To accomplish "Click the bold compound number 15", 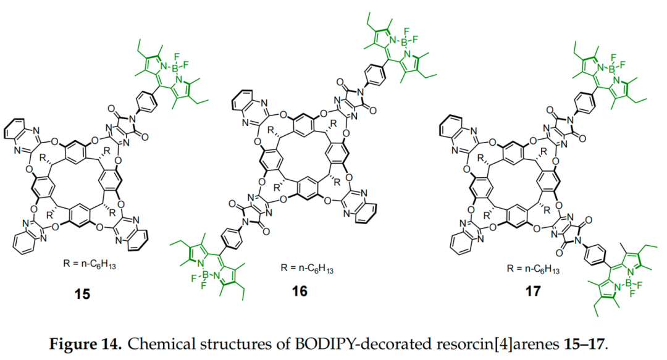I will tap(82, 294).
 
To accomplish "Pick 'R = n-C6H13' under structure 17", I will tap(532, 269).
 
